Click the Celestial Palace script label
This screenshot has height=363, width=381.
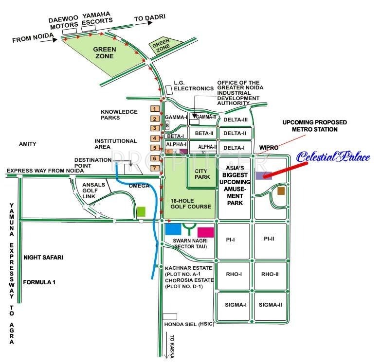pos(333,157)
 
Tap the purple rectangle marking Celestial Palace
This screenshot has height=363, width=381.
pos(264,175)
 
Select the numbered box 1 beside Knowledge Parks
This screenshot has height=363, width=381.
pos(155,109)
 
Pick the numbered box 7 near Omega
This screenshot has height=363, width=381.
pos(155,169)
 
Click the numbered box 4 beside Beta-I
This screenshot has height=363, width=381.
pos(155,138)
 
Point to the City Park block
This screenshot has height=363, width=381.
pos(202,174)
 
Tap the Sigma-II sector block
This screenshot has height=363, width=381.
pos(270,305)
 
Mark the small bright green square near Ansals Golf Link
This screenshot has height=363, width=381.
pos(141,211)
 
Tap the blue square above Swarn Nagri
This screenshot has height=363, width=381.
pos(173,228)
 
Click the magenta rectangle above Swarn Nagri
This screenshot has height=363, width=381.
pos(206,232)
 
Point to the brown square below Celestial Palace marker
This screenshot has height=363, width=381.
pos(281,191)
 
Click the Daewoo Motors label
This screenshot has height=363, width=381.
pos(64,23)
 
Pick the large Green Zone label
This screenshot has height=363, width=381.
pos(105,52)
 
